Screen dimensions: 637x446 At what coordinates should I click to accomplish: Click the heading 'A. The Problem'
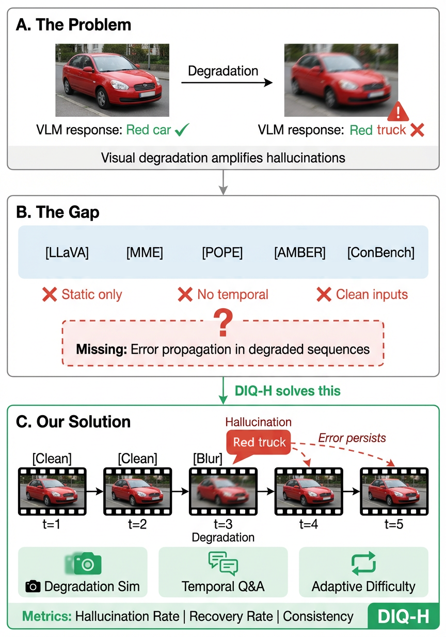pyautogui.click(x=74, y=24)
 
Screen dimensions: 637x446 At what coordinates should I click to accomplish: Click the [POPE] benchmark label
pyautogui.click(x=222, y=253)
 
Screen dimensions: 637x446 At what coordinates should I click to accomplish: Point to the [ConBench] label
pyautogui.click(x=381, y=253)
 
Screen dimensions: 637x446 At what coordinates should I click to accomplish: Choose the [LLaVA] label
pyautogui.click(x=67, y=253)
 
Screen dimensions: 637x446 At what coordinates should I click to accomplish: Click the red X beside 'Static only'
pyautogui.click(x=49, y=295)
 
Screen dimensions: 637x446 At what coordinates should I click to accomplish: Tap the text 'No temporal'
pyautogui.click(x=233, y=295)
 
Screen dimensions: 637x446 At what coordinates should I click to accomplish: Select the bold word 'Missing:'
pyautogui.click(x=101, y=349)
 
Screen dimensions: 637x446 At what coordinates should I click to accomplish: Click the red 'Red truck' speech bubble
pyautogui.click(x=259, y=443)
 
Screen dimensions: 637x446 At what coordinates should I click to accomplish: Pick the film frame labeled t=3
pyautogui.click(x=223, y=492)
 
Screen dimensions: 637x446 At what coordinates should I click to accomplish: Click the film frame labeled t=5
pyautogui.click(x=394, y=492)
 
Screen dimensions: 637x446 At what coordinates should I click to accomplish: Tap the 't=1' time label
pyautogui.click(x=52, y=524)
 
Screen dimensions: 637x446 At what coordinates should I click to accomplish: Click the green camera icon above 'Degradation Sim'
pyautogui.click(x=88, y=564)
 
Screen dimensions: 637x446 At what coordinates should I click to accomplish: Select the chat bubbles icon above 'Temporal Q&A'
pyautogui.click(x=223, y=564)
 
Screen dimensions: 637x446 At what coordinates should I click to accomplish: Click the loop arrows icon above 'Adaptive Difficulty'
pyautogui.click(x=363, y=564)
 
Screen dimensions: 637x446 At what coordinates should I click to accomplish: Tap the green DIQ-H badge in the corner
pyautogui.click(x=403, y=617)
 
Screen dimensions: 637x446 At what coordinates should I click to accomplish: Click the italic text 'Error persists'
pyautogui.click(x=352, y=438)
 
